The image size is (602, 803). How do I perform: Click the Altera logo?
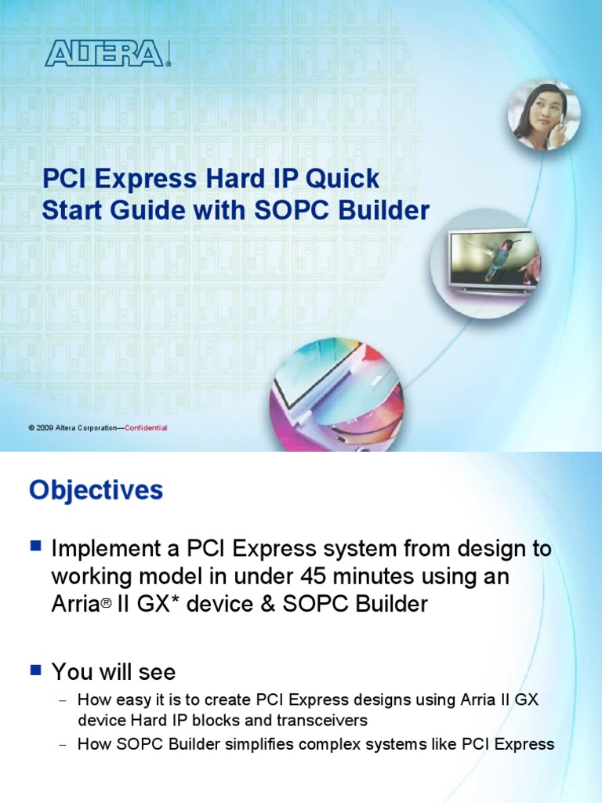[107, 53]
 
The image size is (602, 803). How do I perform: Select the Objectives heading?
[96, 491]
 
